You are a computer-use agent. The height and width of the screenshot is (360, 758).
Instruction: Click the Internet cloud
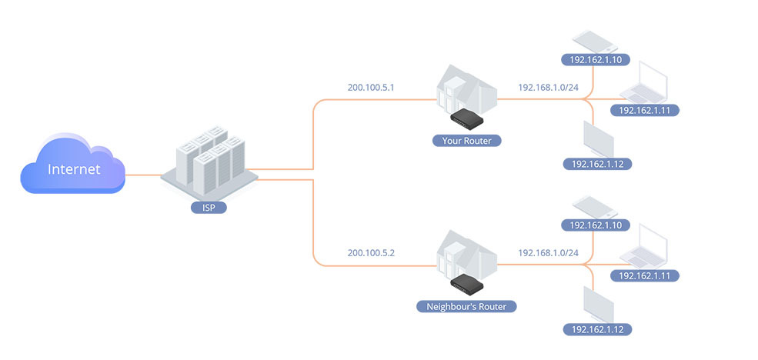(x=73, y=167)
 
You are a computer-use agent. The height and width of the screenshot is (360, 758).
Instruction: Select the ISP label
(x=209, y=207)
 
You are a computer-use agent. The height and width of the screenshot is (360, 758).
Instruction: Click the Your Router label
(x=466, y=141)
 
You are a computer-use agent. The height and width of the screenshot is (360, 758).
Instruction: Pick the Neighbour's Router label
(x=466, y=306)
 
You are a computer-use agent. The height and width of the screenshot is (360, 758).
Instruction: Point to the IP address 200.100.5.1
(x=371, y=87)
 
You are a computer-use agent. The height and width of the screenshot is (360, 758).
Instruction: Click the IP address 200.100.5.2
(x=371, y=252)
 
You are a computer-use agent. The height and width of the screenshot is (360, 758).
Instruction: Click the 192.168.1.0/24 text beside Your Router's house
(x=548, y=87)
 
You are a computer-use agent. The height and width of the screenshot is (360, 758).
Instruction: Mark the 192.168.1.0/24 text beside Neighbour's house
(x=548, y=252)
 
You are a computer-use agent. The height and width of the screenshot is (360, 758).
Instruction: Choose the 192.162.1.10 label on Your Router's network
(x=596, y=59)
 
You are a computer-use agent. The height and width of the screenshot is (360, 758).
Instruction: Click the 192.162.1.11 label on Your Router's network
(x=649, y=111)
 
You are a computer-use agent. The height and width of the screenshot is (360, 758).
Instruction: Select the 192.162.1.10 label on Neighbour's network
(x=596, y=225)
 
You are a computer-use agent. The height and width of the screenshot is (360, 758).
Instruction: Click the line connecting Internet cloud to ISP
(x=143, y=175)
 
